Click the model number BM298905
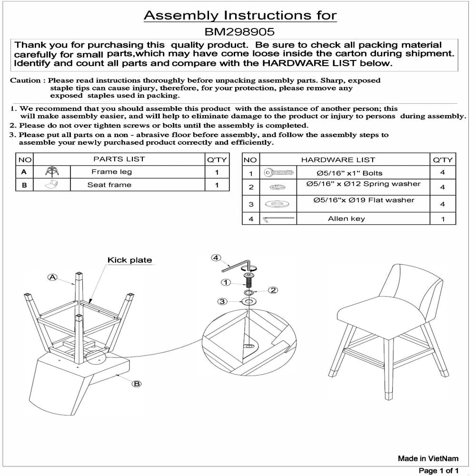(x=240, y=32)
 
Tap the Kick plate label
(x=129, y=260)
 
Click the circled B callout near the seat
(x=137, y=383)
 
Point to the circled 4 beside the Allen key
(x=216, y=258)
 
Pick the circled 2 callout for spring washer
(x=273, y=290)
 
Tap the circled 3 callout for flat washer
(x=221, y=301)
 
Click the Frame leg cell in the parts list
(x=111, y=172)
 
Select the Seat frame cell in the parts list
(x=109, y=185)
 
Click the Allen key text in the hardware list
(x=346, y=219)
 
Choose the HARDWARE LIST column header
(x=338, y=160)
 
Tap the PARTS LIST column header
(x=119, y=159)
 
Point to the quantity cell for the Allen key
(x=443, y=219)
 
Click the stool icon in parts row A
(x=51, y=172)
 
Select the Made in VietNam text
(x=428, y=458)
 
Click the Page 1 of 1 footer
(x=438, y=471)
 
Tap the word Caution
(x=27, y=80)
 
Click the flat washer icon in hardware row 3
(x=278, y=204)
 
